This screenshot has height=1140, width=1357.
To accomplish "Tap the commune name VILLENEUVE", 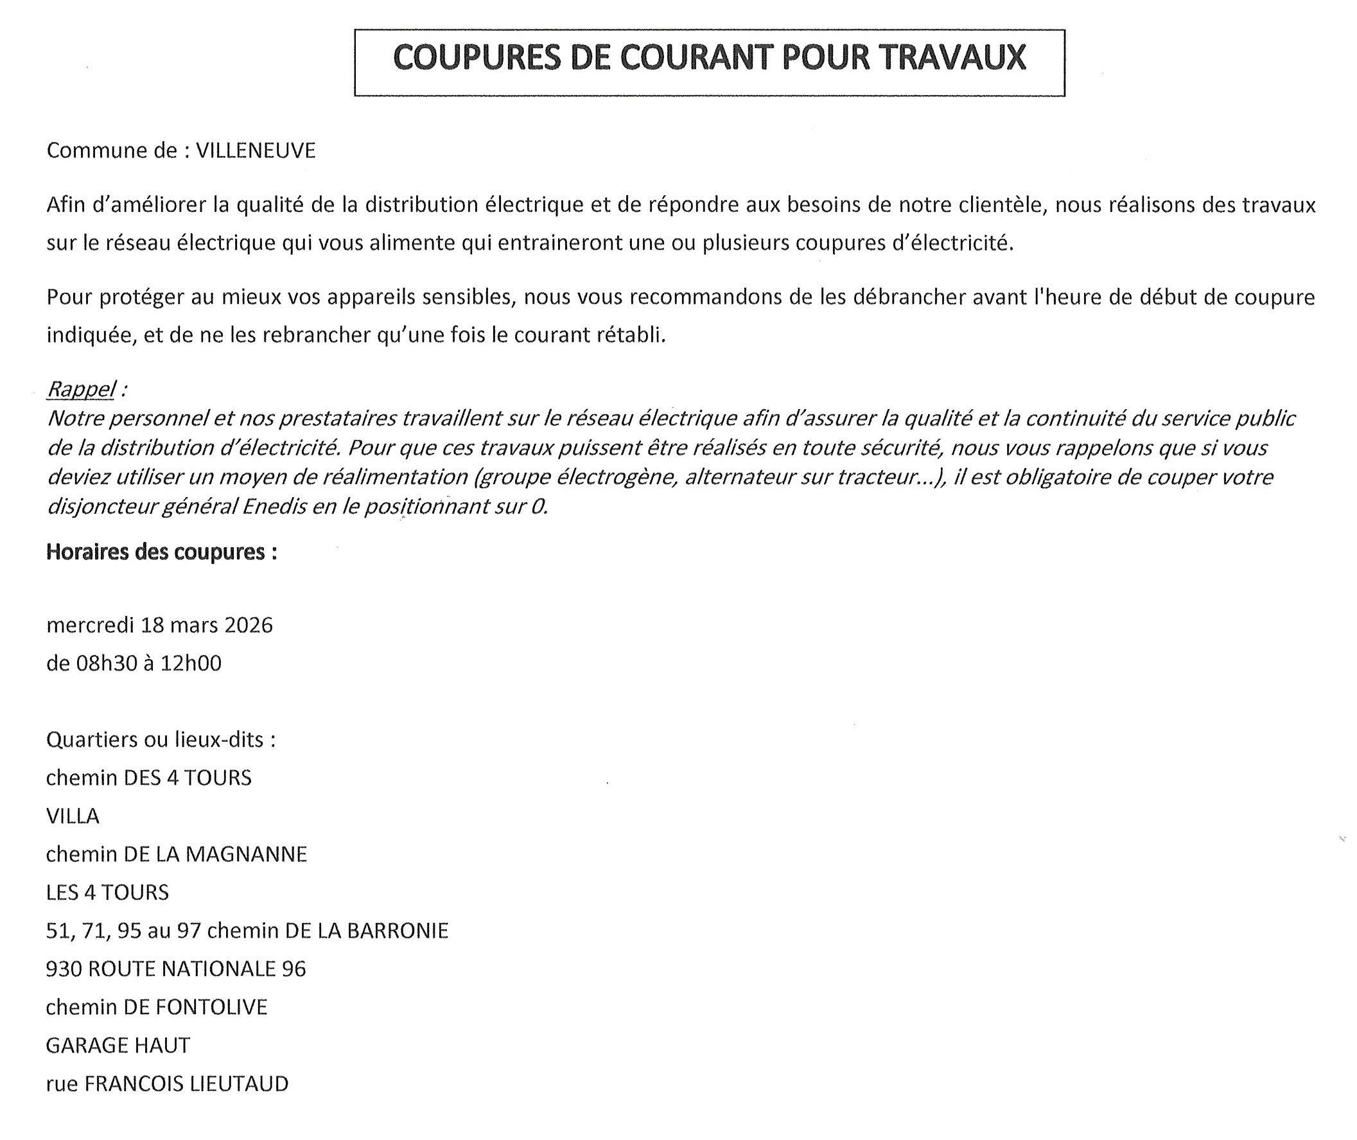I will point(255,150).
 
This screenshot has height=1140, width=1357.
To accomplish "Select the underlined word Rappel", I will point(82,389).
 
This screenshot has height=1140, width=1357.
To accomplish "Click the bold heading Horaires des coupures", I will point(162,552).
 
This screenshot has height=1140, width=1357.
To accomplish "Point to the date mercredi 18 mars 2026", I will point(160,625).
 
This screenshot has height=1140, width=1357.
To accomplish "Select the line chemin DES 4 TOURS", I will point(148,778).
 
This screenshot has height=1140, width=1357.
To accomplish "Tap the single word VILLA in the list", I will point(73,816).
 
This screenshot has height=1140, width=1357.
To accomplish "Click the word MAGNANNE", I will point(246,854).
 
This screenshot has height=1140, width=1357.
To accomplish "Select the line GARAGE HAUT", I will point(118,1045).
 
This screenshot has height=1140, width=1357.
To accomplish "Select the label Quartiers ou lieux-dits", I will point(161,739).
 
